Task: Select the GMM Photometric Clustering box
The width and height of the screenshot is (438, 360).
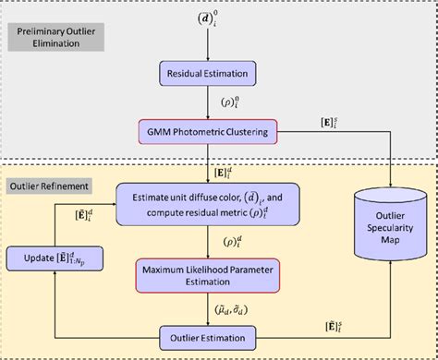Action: [209, 133]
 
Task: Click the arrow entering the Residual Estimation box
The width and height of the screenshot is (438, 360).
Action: [209, 46]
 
